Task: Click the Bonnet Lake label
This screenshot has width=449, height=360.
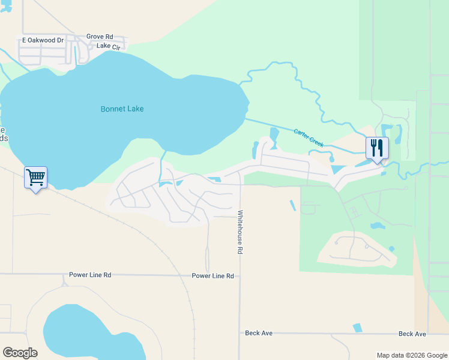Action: pyautogui.click(x=122, y=109)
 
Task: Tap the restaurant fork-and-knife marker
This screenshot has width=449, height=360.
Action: pyautogui.click(x=377, y=148)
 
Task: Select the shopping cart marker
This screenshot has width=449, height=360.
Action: pyautogui.click(x=35, y=178)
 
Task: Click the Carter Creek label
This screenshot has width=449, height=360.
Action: pyautogui.click(x=309, y=138)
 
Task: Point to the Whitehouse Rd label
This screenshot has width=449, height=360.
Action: pyautogui.click(x=240, y=232)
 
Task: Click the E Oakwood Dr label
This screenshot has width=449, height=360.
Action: pyautogui.click(x=43, y=40)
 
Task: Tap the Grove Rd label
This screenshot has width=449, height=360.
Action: pyautogui.click(x=100, y=37)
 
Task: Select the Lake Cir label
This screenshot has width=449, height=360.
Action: pyautogui.click(x=108, y=46)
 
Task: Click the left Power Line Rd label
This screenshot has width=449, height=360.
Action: pyautogui.click(x=90, y=275)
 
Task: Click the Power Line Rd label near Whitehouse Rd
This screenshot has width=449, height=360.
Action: pyautogui.click(x=212, y=275)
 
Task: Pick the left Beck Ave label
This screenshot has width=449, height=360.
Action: pyautogui.click(x=259, y=332)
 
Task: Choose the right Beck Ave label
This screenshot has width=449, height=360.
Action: pyautogui.click(x=412, y=334)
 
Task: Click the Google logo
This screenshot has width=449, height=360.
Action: pyautogui.click(x=20, y=353)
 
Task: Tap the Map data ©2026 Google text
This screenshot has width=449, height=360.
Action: pyautogui.click(x=411, y=355)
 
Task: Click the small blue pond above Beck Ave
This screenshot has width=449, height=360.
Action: pyautogui.click(x=358, y=328)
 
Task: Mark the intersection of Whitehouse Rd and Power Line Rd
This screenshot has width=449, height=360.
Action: pyautogui.click(x=240, y=276)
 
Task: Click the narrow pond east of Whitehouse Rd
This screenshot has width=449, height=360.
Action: pyautogui.click(x=292, y=205)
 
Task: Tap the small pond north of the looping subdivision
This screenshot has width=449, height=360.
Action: pyautogui.click(x=376, y=226)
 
